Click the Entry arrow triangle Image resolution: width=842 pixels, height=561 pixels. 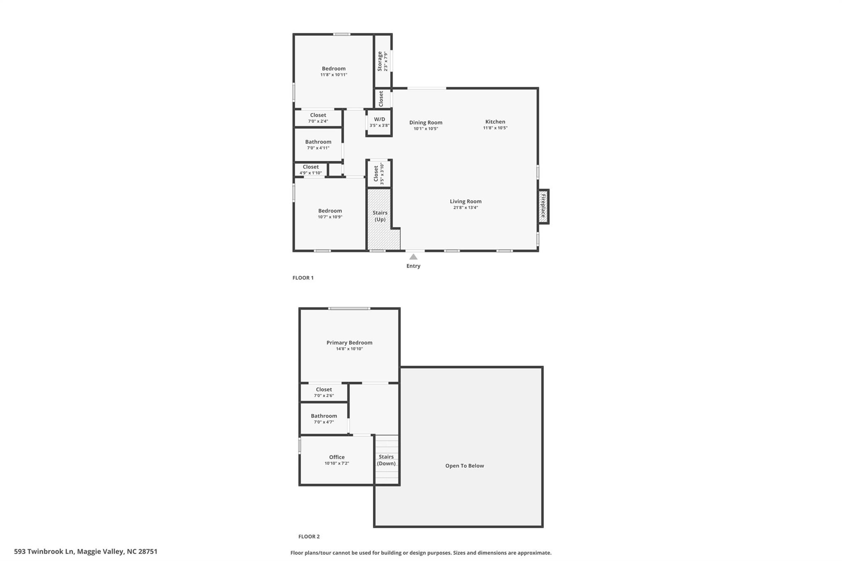coord(413,257)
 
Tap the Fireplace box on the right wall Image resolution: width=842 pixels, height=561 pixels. coord(543,206)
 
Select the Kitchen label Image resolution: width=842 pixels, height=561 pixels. coord(495,122)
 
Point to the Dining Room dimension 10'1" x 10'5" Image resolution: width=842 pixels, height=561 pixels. coord(426,129)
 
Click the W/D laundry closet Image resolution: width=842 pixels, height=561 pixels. coord(379,122)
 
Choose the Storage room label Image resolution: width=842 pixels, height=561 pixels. coord(380,61)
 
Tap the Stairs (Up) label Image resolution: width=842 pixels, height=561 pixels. coord(380,216)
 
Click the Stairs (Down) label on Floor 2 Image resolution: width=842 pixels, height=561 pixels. coord(386,460)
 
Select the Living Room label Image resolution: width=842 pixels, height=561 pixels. coord(465,201)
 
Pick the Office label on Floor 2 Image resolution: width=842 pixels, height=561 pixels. coord(337,457)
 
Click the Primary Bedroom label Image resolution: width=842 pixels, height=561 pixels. coord(349,342)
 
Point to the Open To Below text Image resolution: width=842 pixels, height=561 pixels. coord(465,466)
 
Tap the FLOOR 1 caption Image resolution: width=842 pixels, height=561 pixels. coord(303,278)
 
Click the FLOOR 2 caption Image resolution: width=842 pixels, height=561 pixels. coord(309,536)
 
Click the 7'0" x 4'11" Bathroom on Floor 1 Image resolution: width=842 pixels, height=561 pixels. coord(318,145)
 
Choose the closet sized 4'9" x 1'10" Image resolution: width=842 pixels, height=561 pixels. coord(311,169)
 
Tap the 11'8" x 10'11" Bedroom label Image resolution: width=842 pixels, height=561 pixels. coord(333,69)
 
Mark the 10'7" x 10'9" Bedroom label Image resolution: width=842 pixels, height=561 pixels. coord(330,211)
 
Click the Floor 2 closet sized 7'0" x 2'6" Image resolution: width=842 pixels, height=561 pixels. coord(324,392)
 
